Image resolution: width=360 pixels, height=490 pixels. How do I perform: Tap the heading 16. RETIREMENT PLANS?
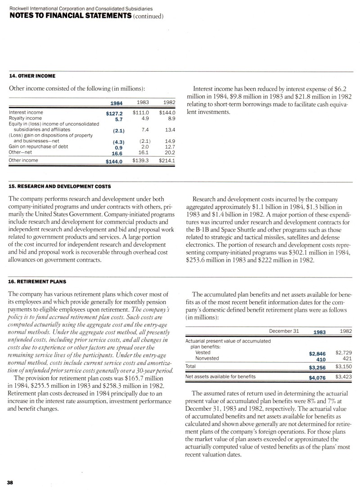tap(37, 282)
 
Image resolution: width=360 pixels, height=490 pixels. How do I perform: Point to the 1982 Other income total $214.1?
tap(166, 160)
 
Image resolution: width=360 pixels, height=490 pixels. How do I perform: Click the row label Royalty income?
tap(26, 118)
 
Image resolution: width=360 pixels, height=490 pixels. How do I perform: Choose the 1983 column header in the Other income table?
tap(143, 102)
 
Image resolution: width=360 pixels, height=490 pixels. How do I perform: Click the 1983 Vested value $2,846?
tap(317, 354)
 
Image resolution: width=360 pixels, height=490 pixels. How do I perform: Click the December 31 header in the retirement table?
tap(284, 331)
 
